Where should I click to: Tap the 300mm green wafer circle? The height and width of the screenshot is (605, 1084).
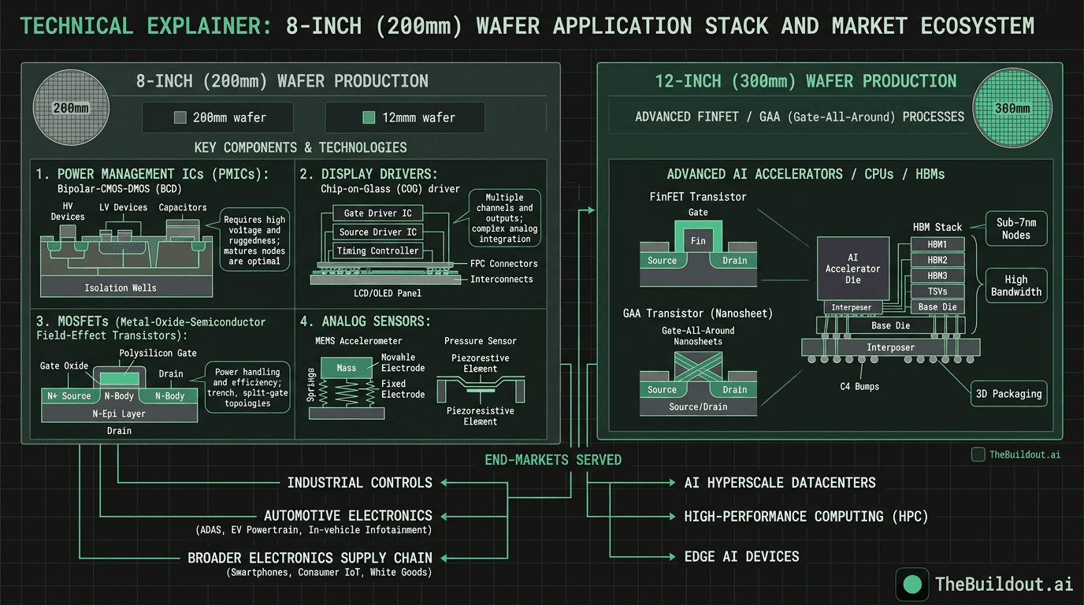pos(1012,108)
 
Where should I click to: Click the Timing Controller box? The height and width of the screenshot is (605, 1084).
pos(377,251)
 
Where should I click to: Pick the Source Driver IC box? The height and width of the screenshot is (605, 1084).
pos(377,232)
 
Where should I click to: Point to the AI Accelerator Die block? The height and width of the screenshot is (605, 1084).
pos(853,269)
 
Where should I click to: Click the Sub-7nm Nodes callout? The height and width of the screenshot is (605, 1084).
pos(1015,228)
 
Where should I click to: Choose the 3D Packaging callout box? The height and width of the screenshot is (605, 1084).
pos(1008,394)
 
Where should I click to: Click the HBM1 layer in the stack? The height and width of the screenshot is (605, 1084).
pos(937,244)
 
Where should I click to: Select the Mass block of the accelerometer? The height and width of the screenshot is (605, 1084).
pos(347,368)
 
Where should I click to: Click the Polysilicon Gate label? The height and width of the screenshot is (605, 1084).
pos(158,353)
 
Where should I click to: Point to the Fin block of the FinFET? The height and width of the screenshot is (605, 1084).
pos(698,240)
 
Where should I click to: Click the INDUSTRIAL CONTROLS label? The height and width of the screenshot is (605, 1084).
pos(359,483)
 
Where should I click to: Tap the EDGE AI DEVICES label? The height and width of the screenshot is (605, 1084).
pos(741,556)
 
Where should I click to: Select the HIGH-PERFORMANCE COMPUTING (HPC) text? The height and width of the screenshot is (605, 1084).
pos(806,517)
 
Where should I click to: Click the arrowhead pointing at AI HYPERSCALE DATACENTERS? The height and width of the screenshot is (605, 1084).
pos(670,483)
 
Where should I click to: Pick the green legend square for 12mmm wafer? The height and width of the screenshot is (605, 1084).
pos(368,118)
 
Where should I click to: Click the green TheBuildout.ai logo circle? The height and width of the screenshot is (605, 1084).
pos(912,584)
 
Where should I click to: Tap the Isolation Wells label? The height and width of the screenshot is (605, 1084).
pos(121,288)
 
